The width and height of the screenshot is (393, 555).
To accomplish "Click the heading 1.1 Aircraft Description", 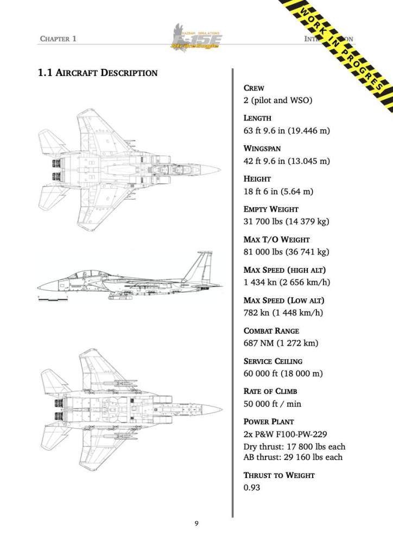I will point(98,73).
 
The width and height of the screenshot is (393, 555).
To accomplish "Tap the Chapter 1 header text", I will point(58,39).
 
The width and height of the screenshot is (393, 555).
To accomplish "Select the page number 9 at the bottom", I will point(196,524).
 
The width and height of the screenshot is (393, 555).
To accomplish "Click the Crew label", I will point(254,88).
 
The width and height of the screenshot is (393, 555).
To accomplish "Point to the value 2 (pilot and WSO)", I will point(277,100).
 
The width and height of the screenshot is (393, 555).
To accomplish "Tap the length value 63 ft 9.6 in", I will point(287,131).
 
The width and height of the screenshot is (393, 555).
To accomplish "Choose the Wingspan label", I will point(262,148).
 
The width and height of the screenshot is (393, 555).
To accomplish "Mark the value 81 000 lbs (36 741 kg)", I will point(286,252).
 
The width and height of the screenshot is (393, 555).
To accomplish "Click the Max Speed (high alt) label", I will point(284,270).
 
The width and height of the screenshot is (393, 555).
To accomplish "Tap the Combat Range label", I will point(271,330).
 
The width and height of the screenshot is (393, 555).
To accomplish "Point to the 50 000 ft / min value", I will point(272,404).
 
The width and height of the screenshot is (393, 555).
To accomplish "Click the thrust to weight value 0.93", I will point(252,487).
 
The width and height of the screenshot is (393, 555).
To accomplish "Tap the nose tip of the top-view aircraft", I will point(219,169).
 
